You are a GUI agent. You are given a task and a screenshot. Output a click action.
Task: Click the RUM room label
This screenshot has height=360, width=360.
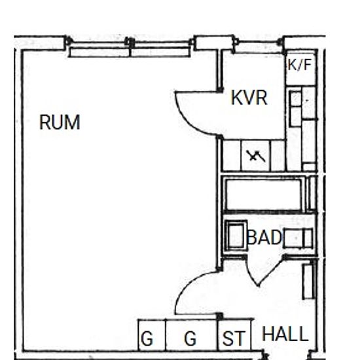tap(60, 122)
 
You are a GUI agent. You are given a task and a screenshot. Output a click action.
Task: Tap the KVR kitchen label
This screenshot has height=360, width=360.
tap(249, 98)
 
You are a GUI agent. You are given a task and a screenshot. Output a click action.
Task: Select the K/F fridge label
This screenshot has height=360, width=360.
tap(300, 65)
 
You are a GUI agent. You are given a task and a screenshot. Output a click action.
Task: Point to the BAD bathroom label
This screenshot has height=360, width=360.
tap(264, 237)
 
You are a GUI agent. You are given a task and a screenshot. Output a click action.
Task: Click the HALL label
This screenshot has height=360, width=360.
tap(285, 334)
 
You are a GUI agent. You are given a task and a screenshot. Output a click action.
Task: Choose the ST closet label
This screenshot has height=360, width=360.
tap(234, 338)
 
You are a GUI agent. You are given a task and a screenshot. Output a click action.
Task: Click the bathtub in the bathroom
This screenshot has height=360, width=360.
tap(263, 194)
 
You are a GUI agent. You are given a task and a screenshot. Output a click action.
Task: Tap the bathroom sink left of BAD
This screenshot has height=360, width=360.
tap(236, 236)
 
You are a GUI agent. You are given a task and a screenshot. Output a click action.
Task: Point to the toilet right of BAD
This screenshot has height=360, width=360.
tap(298, 238)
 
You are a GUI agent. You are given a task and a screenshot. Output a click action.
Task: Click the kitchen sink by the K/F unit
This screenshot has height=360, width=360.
tap(295, 109)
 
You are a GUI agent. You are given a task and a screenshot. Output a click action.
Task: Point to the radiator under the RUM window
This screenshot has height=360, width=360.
tap(130, 52)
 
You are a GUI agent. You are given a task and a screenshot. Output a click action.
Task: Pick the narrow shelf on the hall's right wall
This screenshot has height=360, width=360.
tap(308, 281)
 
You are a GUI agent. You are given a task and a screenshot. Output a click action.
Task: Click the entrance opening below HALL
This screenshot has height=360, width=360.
tap(287, 355)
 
